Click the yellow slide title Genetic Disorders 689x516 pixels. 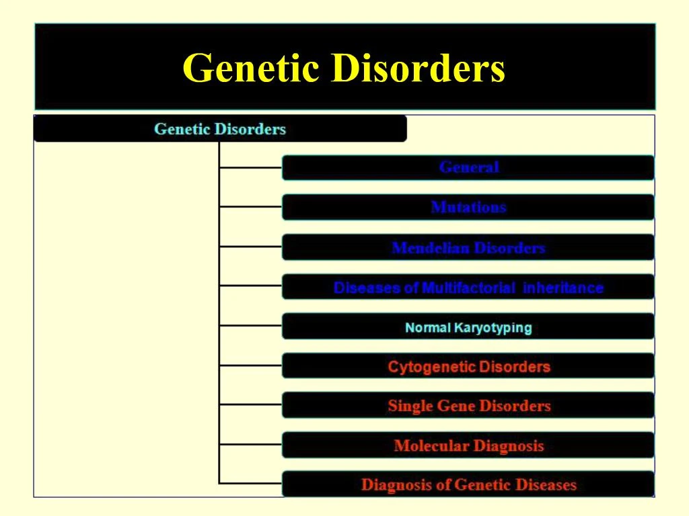point(344,68)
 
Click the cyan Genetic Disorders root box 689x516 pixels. point(220,128)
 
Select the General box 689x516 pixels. point(468,167)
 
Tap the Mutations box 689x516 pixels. point(468,207)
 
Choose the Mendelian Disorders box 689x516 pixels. point(468,247)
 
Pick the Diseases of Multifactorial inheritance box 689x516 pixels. point(468,288)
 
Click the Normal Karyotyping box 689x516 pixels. point(468,327)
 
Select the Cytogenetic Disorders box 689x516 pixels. point(468,366)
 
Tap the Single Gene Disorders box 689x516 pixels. point(468,406)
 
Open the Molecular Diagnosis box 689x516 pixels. point(468,445)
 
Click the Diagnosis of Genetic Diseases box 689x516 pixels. point(468,484)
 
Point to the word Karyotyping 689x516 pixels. point(493,328)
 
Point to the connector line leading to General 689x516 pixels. point(250,167)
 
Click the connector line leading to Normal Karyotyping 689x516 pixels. point(250,326)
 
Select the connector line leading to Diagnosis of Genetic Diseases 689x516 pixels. point(250,482)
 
